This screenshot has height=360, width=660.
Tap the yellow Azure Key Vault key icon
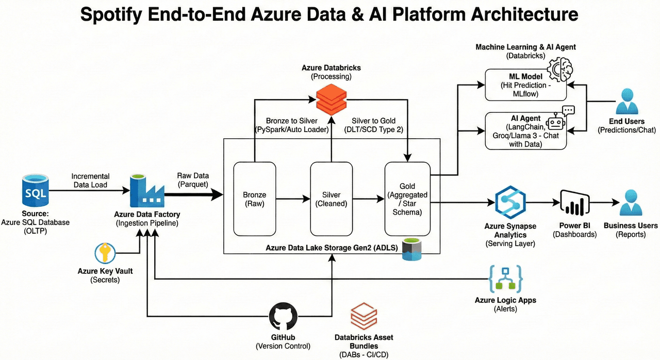(x=105, y=253)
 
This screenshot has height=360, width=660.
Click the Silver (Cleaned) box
(x=331, y=199)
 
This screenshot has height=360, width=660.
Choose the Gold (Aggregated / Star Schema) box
(x=407, y=199)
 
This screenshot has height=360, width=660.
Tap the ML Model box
(x=525, y=85)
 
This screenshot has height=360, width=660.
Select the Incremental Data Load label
(x=90, y=181)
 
